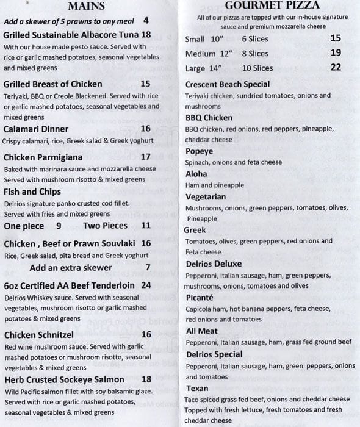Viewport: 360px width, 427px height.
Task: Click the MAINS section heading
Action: pos(86,7)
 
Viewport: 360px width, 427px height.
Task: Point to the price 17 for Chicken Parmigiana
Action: pos(145,157)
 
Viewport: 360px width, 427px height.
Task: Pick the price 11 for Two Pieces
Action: pos(145,225)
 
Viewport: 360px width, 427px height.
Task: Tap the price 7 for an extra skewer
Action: pos(148,267)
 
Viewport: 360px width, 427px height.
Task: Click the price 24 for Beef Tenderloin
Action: pos(146,285)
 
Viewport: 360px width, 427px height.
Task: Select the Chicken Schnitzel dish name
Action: pos(38,334)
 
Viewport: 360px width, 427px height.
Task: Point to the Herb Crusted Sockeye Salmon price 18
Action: pos(146,379)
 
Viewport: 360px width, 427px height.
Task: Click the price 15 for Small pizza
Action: pos(336,38)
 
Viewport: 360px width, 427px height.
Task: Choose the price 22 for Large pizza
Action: pos(336,68)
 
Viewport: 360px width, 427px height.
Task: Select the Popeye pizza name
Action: pos(200,151)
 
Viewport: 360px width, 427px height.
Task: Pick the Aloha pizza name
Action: pos(197,174)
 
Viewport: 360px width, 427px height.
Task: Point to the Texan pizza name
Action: pos(197,388)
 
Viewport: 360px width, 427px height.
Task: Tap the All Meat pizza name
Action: pos(201,331)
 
